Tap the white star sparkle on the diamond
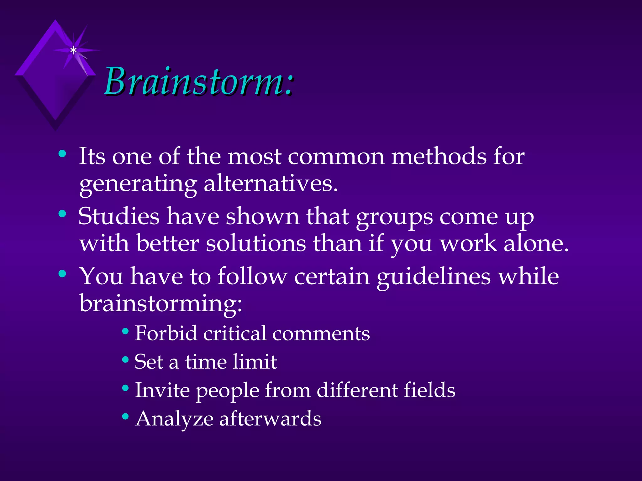[73, 50]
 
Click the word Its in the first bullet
[92, 156]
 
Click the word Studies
[119, 216]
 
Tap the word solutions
[256, 243]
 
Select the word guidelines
[434, 277]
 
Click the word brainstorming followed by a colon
[160, 303]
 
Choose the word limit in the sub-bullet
[255, 362]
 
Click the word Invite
[162, 390]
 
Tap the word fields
[429, 390]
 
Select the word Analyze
[174, 419]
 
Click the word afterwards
[270, 419]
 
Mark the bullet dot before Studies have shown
[62, 214]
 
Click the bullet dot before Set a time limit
[125, 359]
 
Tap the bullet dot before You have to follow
[62, 274]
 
